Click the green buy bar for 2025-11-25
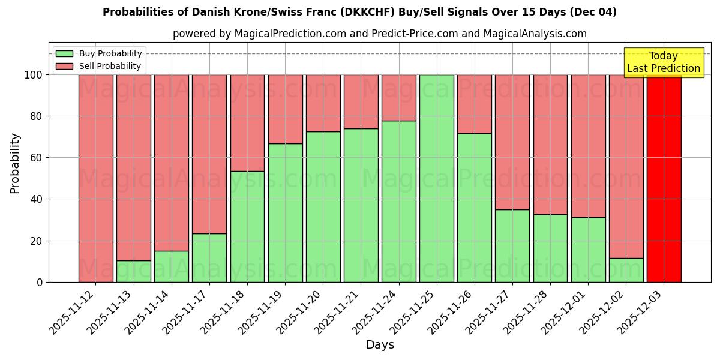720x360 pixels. pyautogui.click(x=436, y=178)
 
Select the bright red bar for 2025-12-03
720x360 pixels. pyautogui.click(x=664, y=178)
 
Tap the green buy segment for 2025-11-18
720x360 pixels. pyautogui.click(x=247, y=227)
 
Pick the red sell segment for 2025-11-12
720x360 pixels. pyautogui.click(x=95, y=178)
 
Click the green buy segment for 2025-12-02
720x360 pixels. pyautogui.click(x=626, y=270)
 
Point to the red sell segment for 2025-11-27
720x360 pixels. pyautogui.click(x=512, y=142)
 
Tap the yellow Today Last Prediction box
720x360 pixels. pyautogui.click(x=663, y=62)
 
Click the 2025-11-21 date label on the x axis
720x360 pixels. pyautogui.click(x=339, y=317)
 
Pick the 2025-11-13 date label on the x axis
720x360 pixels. pyautogui.click(x=112, y=317)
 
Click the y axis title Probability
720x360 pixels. pyautogui.click(x=15, y=163)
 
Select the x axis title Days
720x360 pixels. pyautogui.click(x=380, y=345)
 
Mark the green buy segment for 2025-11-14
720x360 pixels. pyautogui.click(x=172, y=266)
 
